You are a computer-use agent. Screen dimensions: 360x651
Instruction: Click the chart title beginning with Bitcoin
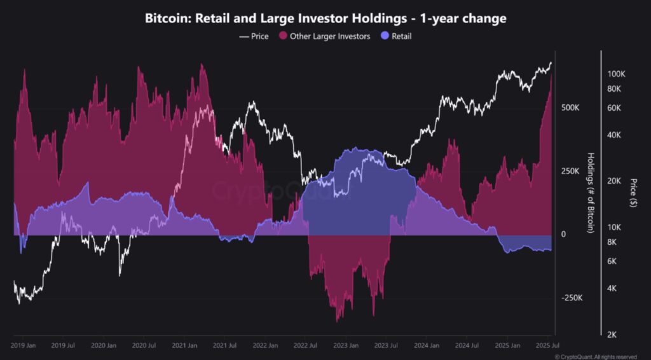pos(325,18)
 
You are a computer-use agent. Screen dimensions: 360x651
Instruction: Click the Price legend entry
pos(254,36)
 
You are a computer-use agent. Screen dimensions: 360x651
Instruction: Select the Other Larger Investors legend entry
pos(324,36)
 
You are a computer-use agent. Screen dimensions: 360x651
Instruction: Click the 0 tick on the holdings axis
pos(563,235)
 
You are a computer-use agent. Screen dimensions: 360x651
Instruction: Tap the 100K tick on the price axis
pos(617,74)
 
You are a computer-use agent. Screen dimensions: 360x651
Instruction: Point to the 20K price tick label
pos(615,181)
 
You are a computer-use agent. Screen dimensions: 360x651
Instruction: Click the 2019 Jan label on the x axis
pos(24,346)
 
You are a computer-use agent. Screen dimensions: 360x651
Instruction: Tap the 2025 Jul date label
pos(544,346)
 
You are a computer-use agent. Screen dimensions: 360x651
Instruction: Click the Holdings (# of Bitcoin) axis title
pos(591,193)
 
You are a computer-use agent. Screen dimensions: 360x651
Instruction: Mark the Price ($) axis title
pos(633,193)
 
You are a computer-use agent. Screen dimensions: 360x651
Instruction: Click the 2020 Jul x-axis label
pos(144,346)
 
